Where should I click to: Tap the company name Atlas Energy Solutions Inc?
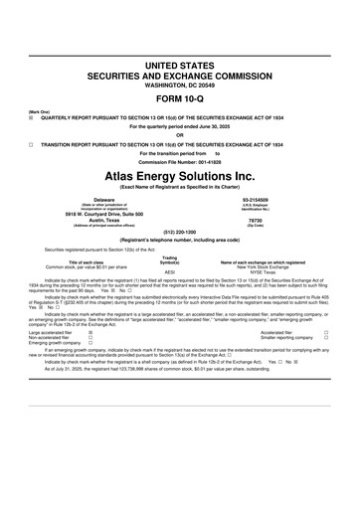pos(180,175)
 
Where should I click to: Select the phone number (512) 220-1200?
pos(180,234)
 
